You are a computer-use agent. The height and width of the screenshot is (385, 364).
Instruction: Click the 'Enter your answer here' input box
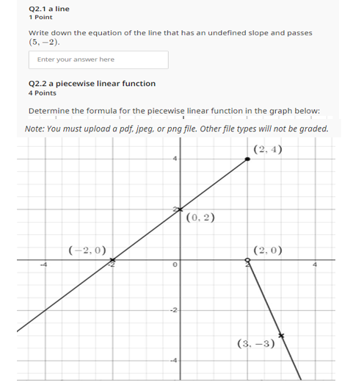[x=98, y=60]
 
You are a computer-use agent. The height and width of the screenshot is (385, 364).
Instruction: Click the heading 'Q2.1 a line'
[x=48, y=9]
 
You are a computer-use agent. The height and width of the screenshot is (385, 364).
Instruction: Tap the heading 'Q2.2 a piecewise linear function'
[x=92, y=84]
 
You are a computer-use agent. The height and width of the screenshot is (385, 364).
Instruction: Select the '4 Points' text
[x=42, y=93]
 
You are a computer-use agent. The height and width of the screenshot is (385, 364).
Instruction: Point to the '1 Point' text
[x=40, y=17]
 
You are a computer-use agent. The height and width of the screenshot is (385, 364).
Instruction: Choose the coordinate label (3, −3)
[x=255, y=343]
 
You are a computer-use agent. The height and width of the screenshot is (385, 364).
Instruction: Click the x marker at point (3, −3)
[x=280, y=335]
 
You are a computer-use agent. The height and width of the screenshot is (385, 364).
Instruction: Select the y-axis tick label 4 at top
[x=175, y=159]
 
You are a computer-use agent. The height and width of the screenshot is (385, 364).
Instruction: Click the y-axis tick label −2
[x=173, y=310]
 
